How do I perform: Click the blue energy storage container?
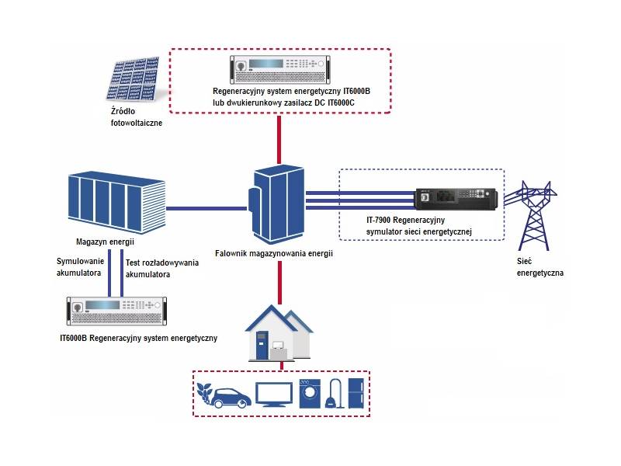pos(116,203)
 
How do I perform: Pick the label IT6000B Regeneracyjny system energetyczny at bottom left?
pos(138,339)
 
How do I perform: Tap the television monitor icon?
pos(273,395)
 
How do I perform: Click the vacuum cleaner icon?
pos(335,394)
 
